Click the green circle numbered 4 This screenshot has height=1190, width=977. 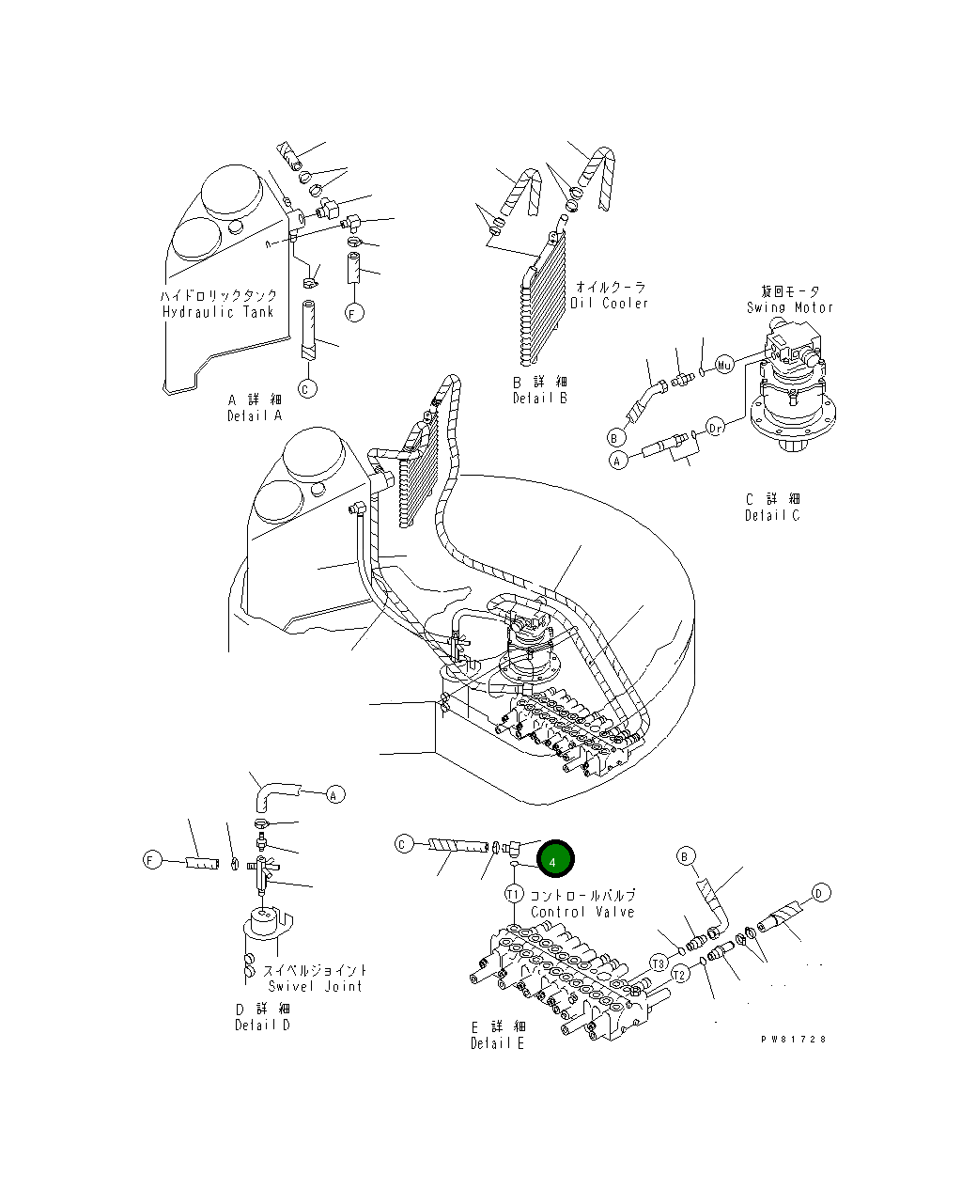pos(554,859)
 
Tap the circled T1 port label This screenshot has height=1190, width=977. pos(514,894)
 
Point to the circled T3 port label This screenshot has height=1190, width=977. pos(659,963)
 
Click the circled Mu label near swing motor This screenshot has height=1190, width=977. pos(724,364)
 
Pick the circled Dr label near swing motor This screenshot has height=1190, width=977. pos(716,429)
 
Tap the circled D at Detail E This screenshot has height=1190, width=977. pos(820,893)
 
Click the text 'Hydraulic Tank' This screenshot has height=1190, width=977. pos(218,312)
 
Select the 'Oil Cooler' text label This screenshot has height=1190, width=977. pos(610,303)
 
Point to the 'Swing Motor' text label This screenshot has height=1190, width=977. pos(789,306)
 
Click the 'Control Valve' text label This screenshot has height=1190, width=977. pos(582,912)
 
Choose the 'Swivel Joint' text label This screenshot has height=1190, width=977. pos(314,986)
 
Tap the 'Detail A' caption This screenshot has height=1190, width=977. pos(254,415)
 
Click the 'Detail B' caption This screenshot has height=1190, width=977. pos(540,399)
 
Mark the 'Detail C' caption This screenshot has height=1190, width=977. pos(772,515)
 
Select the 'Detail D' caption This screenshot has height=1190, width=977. pos(262,1025)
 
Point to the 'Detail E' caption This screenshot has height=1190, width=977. pos(498,1043)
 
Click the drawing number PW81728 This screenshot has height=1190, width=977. pos(795,1040)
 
